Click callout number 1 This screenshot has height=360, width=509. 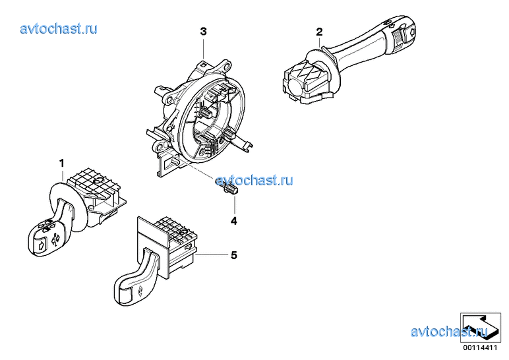(61, 164)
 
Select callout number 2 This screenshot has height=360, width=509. (319, 32)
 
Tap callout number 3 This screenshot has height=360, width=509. (203, 32)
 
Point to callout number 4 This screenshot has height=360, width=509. (233, 221)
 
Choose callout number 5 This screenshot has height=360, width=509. (233, 255)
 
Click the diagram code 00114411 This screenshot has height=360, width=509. (480, 348)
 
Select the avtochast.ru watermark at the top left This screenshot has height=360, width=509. (59, 28)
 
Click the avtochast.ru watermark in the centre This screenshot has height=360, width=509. (254, 180)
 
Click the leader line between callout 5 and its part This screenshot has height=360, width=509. (212, 255)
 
